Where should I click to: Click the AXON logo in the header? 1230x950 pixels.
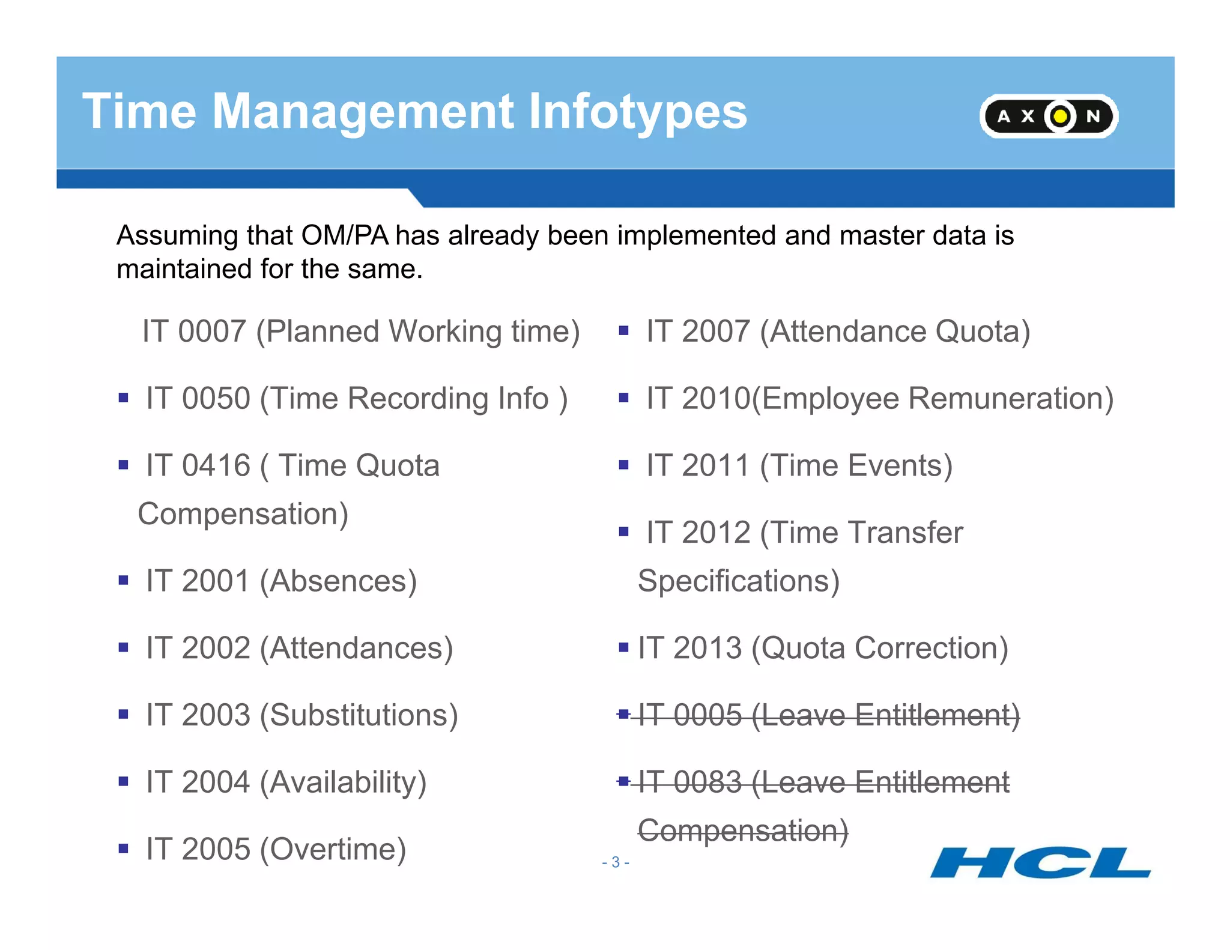point(1048,116)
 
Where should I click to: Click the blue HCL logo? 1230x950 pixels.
point(1040,862)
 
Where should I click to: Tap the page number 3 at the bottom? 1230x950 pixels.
point(615,862)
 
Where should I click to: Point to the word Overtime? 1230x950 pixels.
point(333,849)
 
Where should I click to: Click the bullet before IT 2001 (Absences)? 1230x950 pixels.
point(124,581)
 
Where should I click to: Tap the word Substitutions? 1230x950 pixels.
point(359,715)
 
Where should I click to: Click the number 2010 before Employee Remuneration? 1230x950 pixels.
point(716,399)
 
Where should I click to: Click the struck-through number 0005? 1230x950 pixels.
point(707,715)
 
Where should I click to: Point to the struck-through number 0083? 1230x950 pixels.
point(707,782)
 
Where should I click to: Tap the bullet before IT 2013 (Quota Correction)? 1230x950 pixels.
point(623,648)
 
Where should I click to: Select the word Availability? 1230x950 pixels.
point(344,782)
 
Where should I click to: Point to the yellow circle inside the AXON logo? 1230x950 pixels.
point(1061,116)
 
